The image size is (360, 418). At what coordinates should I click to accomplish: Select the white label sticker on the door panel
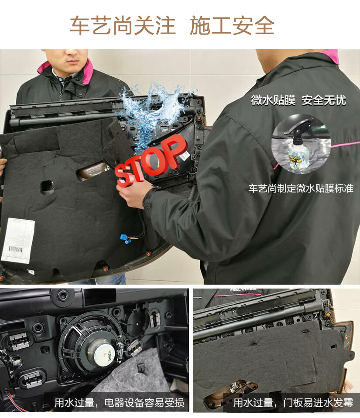coord(18,240)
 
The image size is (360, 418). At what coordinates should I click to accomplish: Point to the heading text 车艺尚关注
coord(123,26)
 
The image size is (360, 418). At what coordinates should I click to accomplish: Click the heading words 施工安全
coord(232,26)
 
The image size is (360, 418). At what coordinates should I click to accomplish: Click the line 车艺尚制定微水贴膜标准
coord(301,189)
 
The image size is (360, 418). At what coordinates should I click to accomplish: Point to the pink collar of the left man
coord(65,68)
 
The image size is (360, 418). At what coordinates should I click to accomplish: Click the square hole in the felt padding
coord(47,187)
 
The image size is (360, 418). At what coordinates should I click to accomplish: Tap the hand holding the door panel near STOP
coord(131,194)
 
